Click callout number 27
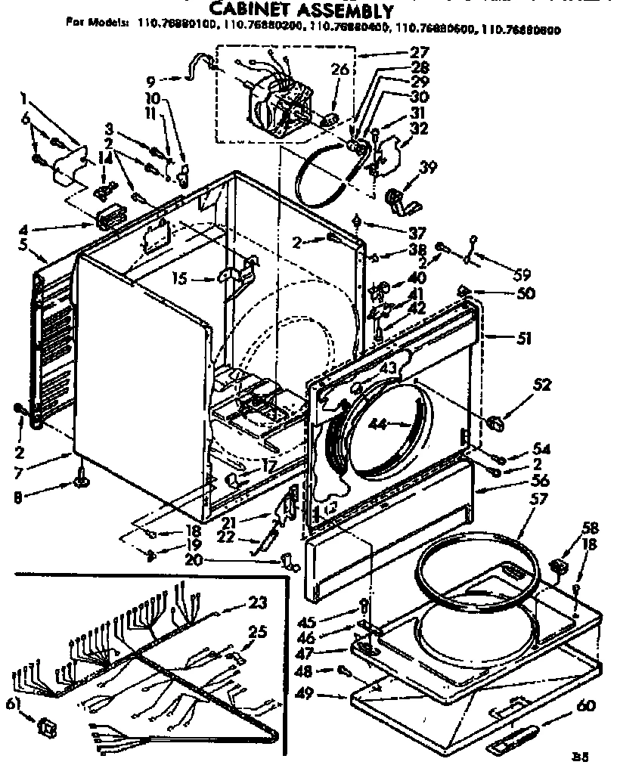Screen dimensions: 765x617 [420, 53]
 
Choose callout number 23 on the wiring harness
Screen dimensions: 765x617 [258, 602]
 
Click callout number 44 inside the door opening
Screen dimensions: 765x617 [379, 426]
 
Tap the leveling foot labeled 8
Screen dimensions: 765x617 [81, 478]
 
